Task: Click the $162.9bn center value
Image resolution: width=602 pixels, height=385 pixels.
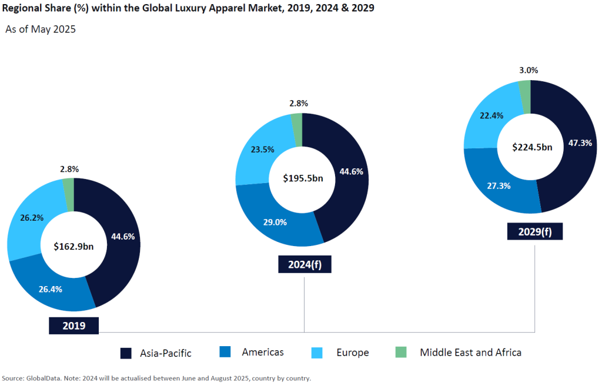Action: pos(73,246)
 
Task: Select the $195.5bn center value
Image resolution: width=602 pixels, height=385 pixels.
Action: pos(303,178)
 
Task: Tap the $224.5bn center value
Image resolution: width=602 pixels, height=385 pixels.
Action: pos(532,147)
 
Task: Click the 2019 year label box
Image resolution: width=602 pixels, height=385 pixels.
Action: pos(73,326)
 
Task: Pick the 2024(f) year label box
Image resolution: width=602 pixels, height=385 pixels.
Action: pos(305,264)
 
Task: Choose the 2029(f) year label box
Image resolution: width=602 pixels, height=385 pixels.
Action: pos(534,231)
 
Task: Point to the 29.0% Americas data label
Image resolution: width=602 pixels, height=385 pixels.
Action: pos(276,222)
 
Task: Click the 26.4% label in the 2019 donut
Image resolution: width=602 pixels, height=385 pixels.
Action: pos(50,289)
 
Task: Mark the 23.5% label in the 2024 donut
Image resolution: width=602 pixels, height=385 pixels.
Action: pos(262,149)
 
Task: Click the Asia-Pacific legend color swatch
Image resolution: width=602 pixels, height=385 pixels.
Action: pos(126,353)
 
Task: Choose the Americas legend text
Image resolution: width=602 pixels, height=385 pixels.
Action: pos(263,352)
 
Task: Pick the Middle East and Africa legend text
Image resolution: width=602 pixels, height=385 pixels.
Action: pos(470,352)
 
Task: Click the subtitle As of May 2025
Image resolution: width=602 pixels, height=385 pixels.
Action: pos(41,29)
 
